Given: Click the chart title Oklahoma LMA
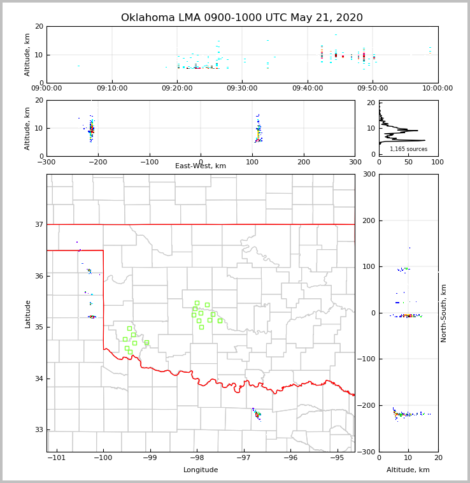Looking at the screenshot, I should [242, 18].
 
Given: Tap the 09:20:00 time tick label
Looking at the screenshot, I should [177, 89].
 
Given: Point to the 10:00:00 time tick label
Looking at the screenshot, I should [438, 89].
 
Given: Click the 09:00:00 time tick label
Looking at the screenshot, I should [46, 89].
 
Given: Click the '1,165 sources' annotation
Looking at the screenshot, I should [408, 149].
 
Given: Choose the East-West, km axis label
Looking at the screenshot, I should [201, 166].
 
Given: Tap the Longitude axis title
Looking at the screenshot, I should [201, 470].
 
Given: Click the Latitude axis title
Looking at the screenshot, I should [28, 314].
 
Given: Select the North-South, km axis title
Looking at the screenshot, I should [444, 314].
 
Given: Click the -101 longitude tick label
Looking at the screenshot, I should [57, 458].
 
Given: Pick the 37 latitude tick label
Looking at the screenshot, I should [39, 224].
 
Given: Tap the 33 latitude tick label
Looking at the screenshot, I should [39, 429].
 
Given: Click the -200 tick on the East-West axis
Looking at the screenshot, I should [98, 162].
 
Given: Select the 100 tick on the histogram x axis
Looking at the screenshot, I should [438, 162].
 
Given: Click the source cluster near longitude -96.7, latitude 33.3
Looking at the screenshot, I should [257, 414].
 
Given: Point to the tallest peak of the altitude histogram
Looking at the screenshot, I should [424, 140].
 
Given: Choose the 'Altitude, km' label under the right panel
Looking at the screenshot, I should [408, 470].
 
